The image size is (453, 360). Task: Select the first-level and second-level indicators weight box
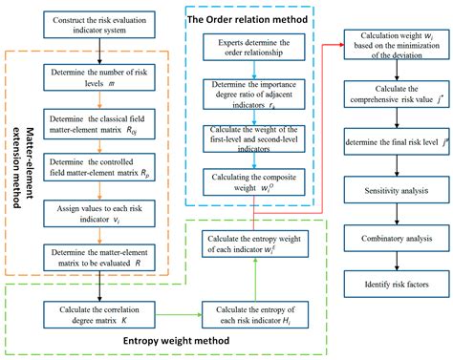[251, 137]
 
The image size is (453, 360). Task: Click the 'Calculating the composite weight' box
[251, 181]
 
